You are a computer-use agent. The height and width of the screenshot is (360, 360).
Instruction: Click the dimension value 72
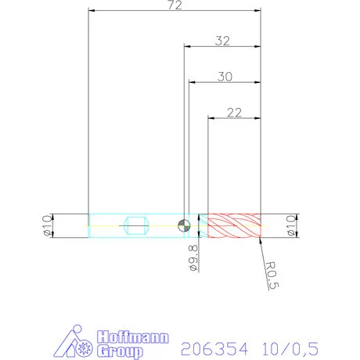(x=174, y=5)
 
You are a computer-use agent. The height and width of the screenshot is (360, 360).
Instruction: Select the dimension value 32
(x=221, y=41)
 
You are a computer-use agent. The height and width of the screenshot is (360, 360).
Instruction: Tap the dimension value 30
(x=225, y=77)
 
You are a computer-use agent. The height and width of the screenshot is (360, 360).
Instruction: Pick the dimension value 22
(x=233, y=113)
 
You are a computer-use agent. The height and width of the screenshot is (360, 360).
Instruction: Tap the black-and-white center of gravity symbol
(x=182, y=225)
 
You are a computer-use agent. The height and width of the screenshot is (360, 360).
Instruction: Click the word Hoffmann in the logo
(x=133, y=337)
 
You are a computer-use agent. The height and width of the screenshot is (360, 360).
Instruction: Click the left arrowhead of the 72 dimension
(x=91, y=12)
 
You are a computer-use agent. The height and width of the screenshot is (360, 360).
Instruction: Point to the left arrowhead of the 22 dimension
(x=209, y=118)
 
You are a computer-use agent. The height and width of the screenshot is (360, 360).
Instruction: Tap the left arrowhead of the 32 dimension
(x=185, y=47)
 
